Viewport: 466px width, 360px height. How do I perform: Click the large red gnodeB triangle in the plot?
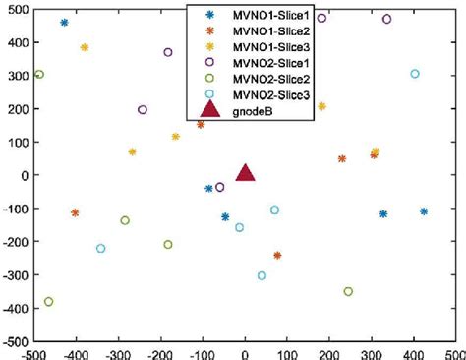tap(245, 172)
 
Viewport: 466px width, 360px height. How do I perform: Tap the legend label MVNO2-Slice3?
tap(266, 94)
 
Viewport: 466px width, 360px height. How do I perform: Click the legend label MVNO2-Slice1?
tap(266, 64)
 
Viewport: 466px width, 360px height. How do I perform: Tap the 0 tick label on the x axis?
tap(245, 352)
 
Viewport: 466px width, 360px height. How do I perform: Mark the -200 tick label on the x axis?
tap(159, 352)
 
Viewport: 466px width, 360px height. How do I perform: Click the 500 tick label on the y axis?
tap(14, 8)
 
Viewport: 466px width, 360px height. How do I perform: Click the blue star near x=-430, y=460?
tap(64, 22)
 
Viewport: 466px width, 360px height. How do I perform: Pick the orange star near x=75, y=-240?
tap(277, 255)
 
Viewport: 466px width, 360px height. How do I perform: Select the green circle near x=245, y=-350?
tap(348, 291)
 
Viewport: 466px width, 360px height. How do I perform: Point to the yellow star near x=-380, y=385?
tap(85, 47)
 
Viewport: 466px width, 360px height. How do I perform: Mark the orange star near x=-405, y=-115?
tap(75, 212)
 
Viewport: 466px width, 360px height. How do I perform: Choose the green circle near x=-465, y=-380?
tap(49, 302)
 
